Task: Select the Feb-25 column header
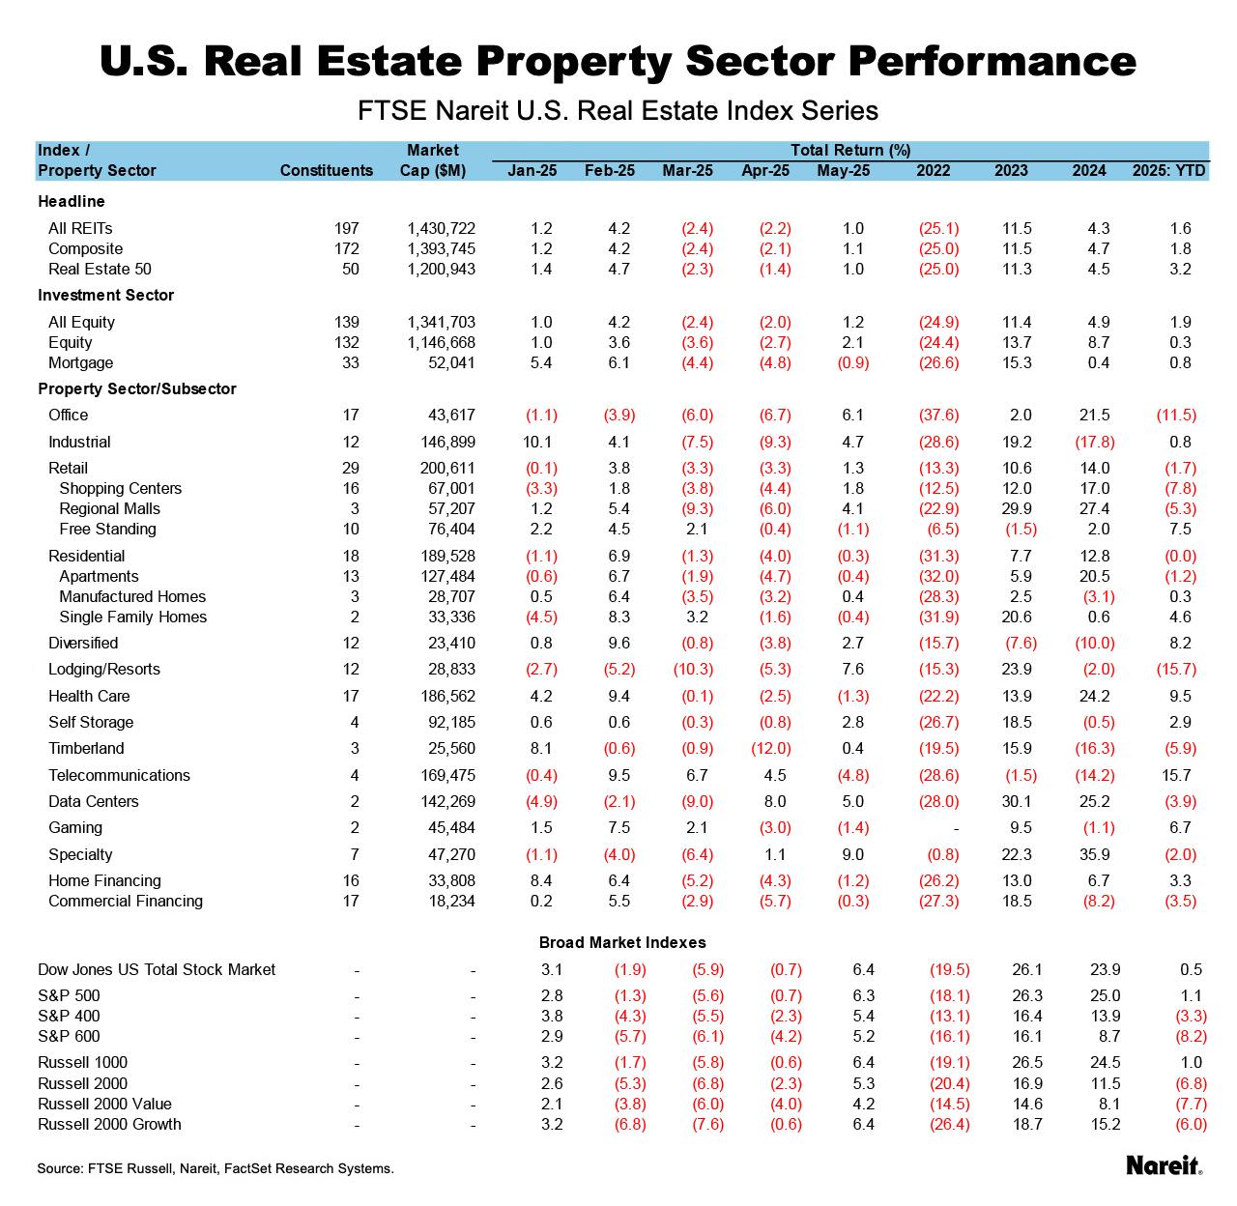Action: [x=610, y=170]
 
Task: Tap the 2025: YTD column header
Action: [x=1169, y=170]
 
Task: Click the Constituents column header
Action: [x=326, y=170]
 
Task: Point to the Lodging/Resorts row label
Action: [x=104, y=669]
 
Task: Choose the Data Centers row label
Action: [x=94, y=801]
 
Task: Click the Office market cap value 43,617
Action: [x=450, y=415]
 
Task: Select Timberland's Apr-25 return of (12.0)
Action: [x=770, y=748]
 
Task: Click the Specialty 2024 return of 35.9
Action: [x=1089, y=854]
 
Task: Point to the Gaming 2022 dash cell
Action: [x=955, y=827]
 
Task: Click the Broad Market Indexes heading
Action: [x=622, y=942]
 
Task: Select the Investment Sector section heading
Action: [x=105, y=295]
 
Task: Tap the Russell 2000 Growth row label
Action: [x=109, y=1124]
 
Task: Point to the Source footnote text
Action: [x=216, y=1168]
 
